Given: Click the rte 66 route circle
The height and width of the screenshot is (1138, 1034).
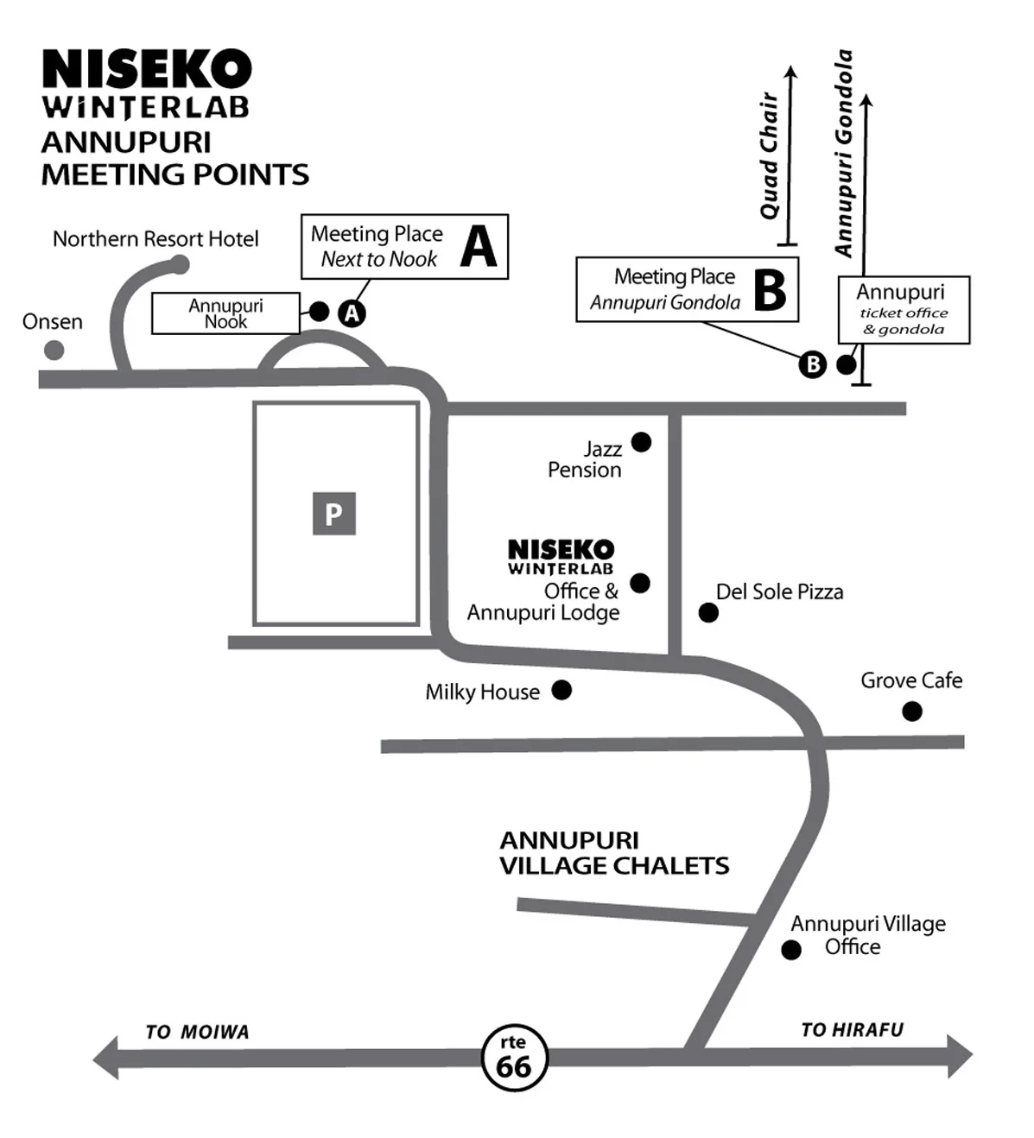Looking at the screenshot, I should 513,1056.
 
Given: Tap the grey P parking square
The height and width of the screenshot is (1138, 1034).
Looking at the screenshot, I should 333,514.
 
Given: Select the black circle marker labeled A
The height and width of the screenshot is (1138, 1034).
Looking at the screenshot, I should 352,313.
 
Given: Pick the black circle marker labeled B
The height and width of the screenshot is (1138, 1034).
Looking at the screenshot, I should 812,364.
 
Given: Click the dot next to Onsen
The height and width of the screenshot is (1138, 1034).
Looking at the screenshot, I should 54,350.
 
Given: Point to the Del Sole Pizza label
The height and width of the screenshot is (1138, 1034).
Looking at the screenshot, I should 779,592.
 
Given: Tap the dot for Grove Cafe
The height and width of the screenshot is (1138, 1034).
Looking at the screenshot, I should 911,711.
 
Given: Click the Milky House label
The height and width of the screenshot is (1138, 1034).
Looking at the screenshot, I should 482,692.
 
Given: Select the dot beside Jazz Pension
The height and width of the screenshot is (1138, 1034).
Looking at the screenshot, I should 641,442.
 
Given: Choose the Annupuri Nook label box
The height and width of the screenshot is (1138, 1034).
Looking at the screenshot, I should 225,313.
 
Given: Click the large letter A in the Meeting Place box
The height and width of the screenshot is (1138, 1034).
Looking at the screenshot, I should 479,247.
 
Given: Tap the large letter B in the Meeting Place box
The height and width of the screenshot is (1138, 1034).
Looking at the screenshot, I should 770,290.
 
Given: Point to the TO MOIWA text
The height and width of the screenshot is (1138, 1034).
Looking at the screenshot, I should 197,1032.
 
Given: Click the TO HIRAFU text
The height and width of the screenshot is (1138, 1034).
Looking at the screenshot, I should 852,1030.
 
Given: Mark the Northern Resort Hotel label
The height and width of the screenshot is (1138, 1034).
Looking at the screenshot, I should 155,239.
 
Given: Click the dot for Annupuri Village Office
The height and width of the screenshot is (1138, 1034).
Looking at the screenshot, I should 790,950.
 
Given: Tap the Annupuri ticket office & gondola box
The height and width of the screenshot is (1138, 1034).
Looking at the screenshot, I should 904,310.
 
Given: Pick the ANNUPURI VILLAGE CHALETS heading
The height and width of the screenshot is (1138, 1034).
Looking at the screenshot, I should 613,853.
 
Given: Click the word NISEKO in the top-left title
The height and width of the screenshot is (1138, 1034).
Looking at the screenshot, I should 147,69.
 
